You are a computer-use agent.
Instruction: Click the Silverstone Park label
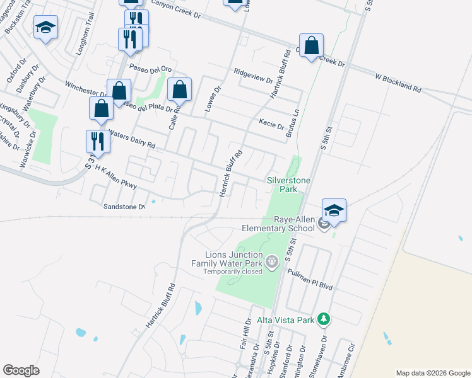tap(290, 184)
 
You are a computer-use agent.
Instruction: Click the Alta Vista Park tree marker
tap(324, 320)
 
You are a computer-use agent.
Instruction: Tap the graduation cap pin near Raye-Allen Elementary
tap(334, 211)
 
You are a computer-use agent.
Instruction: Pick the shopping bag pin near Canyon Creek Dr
tap(311, 46)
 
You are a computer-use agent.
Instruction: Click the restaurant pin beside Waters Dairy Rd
tap(98, 142)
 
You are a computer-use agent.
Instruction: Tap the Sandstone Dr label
tap(124, 207)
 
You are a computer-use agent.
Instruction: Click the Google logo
tap(21, 370)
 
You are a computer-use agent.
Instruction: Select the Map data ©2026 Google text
tap(432, 373)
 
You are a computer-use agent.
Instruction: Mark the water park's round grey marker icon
tap(271, 261)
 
